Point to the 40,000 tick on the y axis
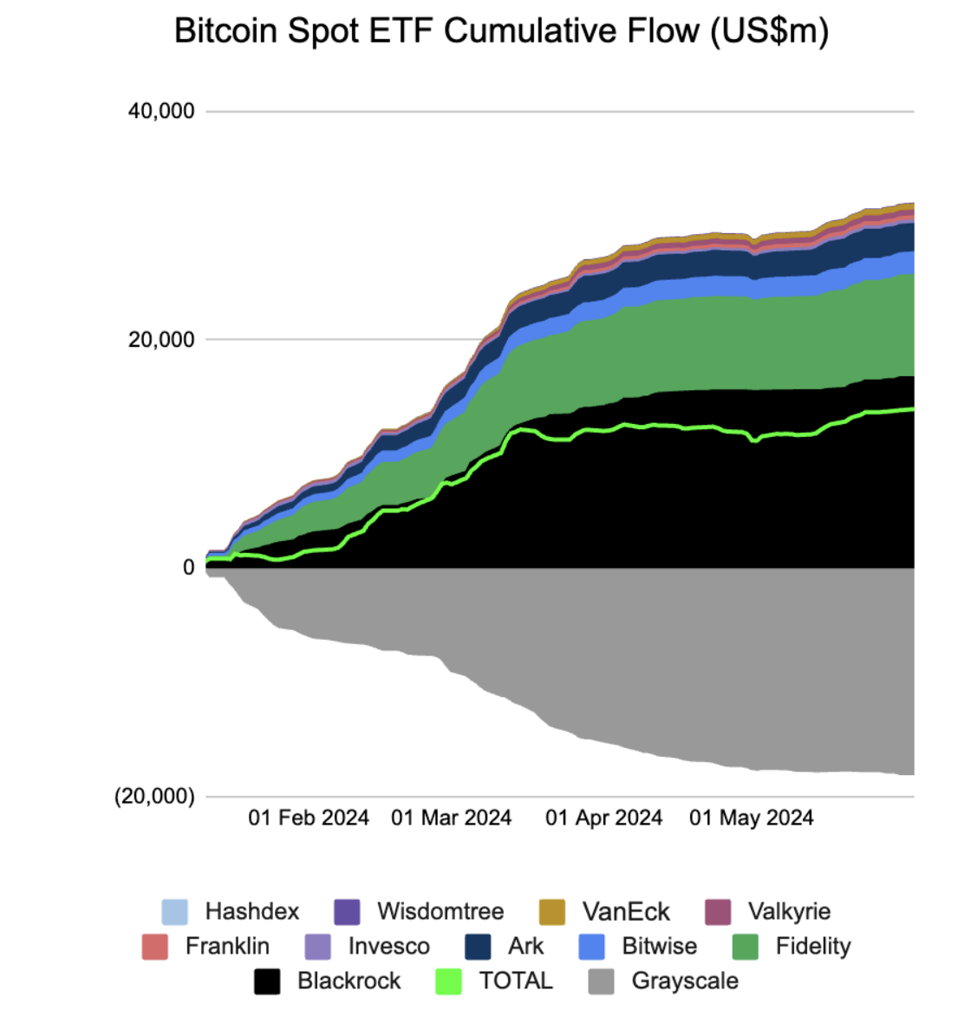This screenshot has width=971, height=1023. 161,111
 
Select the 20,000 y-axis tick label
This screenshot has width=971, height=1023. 161,339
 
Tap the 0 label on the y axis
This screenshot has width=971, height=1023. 188,568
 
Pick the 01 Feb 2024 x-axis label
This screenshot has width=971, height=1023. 309,818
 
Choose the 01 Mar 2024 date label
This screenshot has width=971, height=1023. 451,818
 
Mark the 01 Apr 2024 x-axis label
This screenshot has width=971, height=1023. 603,818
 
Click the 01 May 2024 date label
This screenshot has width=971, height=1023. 751,818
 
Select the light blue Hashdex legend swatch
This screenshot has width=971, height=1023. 175,912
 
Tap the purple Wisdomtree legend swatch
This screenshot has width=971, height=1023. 347,912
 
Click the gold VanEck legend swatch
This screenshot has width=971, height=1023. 552,912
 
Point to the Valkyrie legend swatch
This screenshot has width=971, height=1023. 718,912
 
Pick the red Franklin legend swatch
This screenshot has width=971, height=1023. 155,947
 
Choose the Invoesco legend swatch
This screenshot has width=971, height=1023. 318,947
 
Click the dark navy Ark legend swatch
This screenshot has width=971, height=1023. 478,947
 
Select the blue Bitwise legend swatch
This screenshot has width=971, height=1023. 592,947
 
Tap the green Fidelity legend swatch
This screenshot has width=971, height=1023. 746,947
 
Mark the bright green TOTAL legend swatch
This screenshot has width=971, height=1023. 448,981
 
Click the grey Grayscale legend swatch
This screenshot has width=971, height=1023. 601,981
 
